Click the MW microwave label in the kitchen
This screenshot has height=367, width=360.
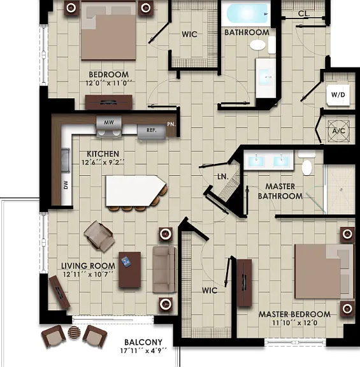(109, 122)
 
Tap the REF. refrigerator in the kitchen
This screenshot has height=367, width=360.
(152, 133)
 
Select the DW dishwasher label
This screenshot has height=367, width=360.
(66, 185)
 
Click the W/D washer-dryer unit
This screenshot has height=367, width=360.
(338, 95)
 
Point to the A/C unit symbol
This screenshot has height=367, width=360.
(339, 131)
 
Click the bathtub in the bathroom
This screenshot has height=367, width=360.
(246, 13)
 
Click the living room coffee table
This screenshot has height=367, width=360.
(130, 270)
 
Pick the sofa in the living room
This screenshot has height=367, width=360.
(164, 269)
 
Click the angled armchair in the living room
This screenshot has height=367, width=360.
(99, 236)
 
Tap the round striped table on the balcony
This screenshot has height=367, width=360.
(74, 333)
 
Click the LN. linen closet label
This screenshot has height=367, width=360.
(223, 176)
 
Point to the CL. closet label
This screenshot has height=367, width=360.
(304, 13)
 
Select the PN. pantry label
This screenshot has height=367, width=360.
(171, 124)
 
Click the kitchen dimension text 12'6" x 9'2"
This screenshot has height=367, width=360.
(103, 162)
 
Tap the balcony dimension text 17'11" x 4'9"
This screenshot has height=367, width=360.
(143, 350)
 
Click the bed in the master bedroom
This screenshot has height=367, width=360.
(324, 271)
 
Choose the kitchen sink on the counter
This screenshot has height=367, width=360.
(66, 161)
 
